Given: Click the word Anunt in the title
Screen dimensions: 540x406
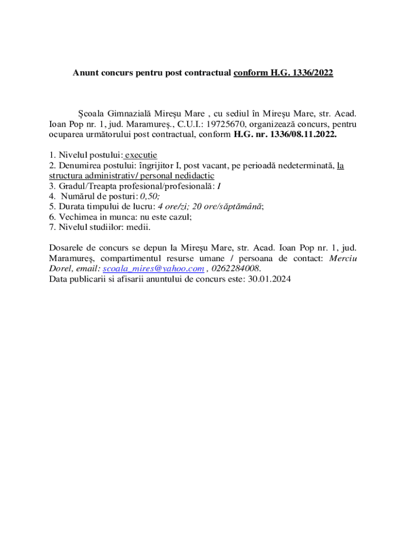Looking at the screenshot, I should (x=85, y=74).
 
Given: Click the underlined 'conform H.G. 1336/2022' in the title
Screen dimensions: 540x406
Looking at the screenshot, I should (x=283, y=74).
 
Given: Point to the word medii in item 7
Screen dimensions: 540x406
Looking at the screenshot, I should (x=140, y=227).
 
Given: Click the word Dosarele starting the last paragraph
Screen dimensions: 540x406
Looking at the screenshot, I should (x=66, y=247).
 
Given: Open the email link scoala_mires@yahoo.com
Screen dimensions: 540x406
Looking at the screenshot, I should (x=153, y=268).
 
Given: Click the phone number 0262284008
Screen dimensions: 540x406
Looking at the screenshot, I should (x=236, y=268).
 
